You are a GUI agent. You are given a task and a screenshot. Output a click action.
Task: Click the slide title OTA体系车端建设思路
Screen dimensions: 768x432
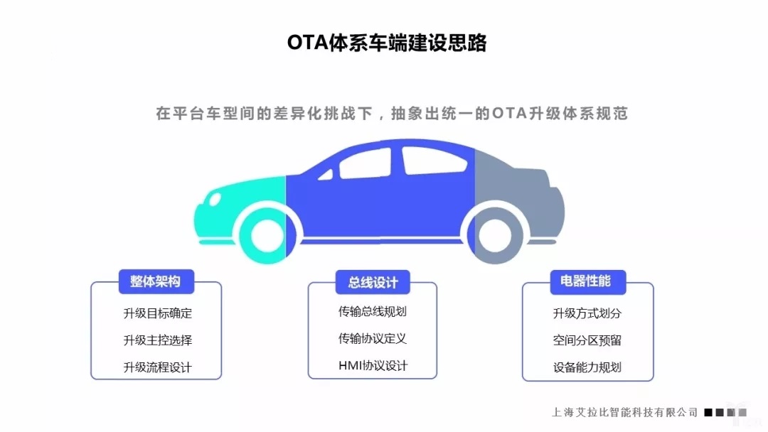pyautogui.click(x=386, y=43)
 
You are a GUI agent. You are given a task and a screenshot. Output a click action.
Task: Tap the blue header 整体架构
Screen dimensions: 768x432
pyautogui.click(x=156, y=281)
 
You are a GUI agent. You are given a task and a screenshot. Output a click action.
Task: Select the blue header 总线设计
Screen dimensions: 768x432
pyautogui.click(x=373, y=282)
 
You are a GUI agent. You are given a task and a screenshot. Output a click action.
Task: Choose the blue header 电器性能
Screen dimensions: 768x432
pyautogui.click(x=588, y=282)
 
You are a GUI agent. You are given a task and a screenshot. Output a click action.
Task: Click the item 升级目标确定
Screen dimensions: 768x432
pyautogui.click(x=158, y=313)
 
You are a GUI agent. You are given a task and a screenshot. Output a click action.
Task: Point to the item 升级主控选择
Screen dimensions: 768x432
pyautogui.click(x=158, y=340)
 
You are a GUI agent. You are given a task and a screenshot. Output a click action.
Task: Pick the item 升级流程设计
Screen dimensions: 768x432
pyautogui.click(x=158, y=367)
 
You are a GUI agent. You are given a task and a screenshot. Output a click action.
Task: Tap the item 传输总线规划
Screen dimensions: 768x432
pyautogui.click(x=372, y=312)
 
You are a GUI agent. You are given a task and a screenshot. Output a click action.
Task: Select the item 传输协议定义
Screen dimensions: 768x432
pyautogui.click(x=372, y=338)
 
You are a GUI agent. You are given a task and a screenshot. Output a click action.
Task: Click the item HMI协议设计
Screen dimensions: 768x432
pyautogui.click(x=373, y=365)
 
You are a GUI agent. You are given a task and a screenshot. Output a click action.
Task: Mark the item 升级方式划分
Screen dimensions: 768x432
pyautogui.click(x=587, y=313)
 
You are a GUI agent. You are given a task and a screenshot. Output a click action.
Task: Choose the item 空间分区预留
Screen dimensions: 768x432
pyautogui.click(x=587, y=340)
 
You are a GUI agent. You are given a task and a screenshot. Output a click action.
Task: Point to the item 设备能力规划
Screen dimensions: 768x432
pyautogui.click(x=587, y=367)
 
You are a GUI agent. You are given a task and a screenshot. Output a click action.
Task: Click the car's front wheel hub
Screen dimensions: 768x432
pyautogui.click(x=267, y=236)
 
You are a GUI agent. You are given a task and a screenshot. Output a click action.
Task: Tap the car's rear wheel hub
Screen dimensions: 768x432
pyautogui.click(x=495, y=236)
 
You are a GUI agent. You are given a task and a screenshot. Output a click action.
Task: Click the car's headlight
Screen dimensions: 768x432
pyautogui.click(x=215, y=199)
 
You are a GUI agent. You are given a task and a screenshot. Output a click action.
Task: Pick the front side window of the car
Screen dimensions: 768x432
pyautogui.click(x=366, y=163)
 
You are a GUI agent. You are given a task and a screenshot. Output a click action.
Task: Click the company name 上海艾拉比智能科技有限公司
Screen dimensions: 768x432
pyautogui.click(x=624, y=412)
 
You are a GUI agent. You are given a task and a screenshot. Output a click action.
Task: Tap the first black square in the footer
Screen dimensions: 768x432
pyautogui.click(x=708, y=412)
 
